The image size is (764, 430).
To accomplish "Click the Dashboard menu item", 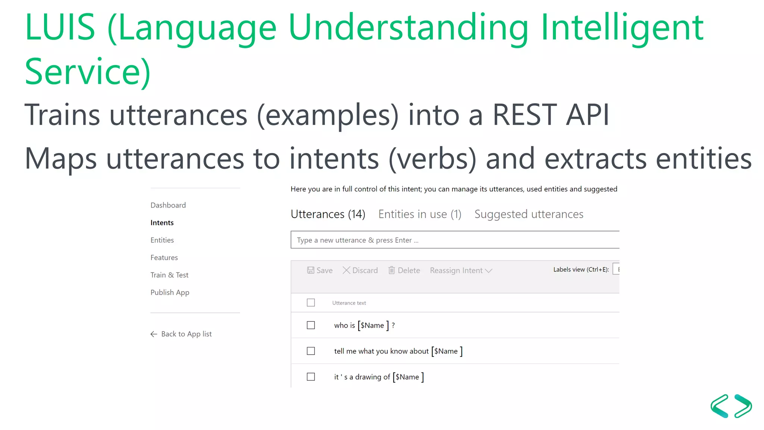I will pos(168,205).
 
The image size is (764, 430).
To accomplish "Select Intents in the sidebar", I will pos(162,223).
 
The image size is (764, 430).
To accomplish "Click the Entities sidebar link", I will pos(162,240).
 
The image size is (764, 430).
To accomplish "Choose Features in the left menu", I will pos(164,258).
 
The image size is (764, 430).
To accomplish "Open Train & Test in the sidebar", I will pos(169,275).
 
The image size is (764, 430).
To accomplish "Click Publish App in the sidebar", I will pos(170,292).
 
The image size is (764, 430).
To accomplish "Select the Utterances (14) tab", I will pos(328,214).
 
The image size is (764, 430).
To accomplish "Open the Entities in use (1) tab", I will pos(420,214).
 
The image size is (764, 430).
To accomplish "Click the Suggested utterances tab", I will pos(529,214).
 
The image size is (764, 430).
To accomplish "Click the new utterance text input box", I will pos(454,240).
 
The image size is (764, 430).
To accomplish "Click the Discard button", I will pos(360,270).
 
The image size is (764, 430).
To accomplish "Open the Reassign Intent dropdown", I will pos(461,270).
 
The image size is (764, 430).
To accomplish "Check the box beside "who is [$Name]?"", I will pos(311,325).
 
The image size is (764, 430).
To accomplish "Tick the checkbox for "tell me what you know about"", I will pos(311,351).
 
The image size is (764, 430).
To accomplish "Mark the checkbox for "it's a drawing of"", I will pos(311,377).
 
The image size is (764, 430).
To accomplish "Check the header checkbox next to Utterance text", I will pos(311,303).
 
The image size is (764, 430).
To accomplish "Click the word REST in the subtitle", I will pos(525,115).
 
